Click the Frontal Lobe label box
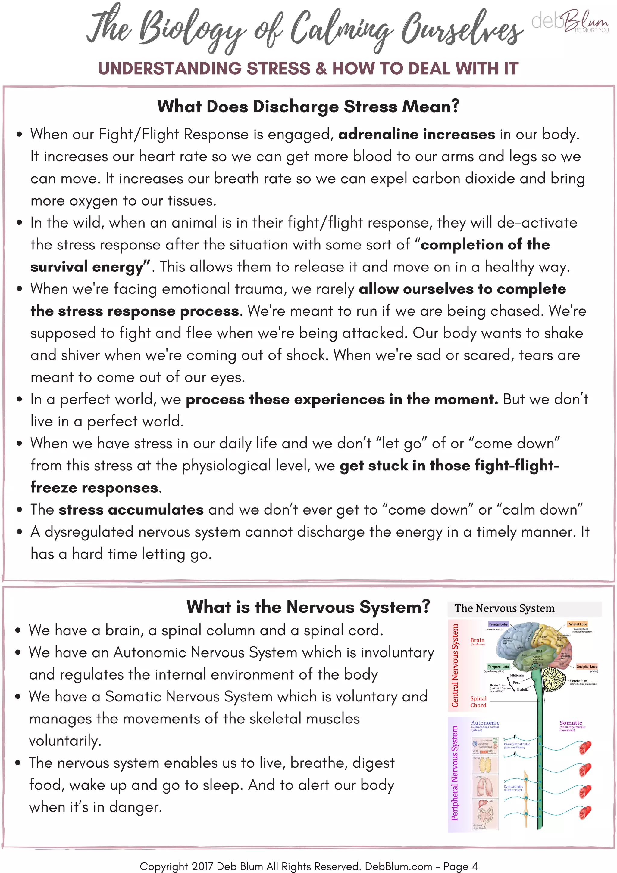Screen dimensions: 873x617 click(498, 624)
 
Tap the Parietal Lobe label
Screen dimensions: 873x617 click(577, 624)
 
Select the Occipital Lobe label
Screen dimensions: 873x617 click(587, 667)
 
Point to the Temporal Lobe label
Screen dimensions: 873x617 click(498, 667)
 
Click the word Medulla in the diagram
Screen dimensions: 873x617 click(522, 689)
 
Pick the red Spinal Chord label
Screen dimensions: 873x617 click(478, 702)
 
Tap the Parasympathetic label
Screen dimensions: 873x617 click(516, 744)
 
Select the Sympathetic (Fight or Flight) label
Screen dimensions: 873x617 click(513, 787)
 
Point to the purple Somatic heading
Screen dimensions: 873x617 click(571, 723)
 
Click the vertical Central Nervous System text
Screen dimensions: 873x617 click(455, 665)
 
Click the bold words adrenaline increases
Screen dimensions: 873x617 click(416, 134)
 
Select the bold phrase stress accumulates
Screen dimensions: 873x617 click(131, 509)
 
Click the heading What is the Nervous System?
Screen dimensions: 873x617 click(308, 606)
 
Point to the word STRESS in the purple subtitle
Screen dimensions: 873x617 click(279, 68)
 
